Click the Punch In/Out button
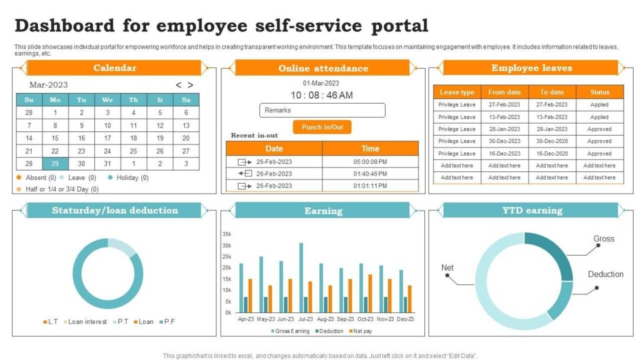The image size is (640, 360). click(x=322, y=127)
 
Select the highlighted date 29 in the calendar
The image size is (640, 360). click(x=55, y=163)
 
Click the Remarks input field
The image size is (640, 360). click(x=322, y=111)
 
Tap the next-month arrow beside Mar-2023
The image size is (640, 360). click(x=191, y=85)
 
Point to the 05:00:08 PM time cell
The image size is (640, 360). click(x=370, y=161)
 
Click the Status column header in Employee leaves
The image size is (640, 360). click(x=599, y=92)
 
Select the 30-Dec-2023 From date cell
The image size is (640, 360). click(x=504, y=141)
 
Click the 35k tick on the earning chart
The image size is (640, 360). click(x=227, y=234)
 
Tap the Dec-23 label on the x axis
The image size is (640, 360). click(x=405, y=319)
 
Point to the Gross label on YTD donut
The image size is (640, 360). click(x=603, y=239)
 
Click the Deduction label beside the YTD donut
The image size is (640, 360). click(x=605, y=274)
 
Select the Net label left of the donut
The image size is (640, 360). click(x=447, y=268)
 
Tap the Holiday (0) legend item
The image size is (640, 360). click(x=128, y=177)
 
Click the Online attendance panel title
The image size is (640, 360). click(x=322, y=68)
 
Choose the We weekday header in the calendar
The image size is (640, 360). click(x=107, y=99)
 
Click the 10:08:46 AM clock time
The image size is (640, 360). click(x=322, y=95)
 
